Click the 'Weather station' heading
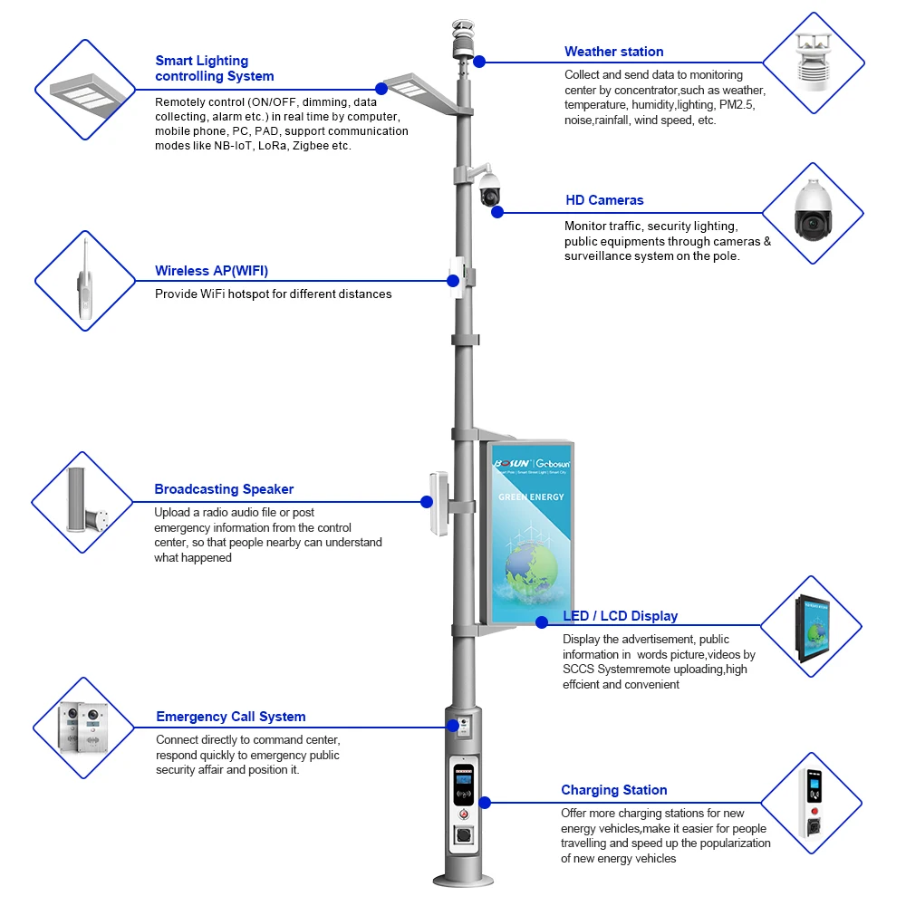[613, 52]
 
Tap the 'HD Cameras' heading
[603, 200]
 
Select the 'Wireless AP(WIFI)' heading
[211, 271]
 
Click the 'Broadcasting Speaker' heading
[224, 489]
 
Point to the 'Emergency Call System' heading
[230, 717]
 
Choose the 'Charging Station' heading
[613, 790]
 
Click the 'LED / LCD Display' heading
[620, 616]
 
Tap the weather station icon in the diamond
[813, 62]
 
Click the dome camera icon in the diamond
[813, 213]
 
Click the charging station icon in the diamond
[811, 803]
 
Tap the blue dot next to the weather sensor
[479, 62]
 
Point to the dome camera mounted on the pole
[490, 188]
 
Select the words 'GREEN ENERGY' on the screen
[531, 496]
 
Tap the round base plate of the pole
[463, 880]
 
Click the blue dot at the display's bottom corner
[542, 622]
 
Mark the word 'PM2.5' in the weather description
[736, 105]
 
